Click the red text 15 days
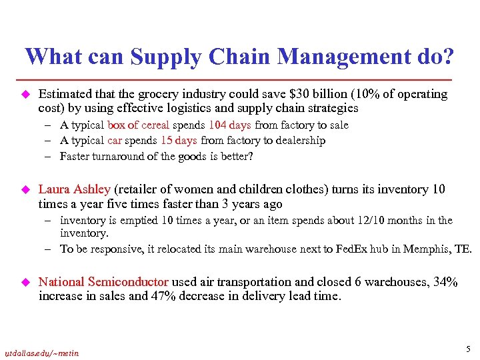click(x=178, y=141)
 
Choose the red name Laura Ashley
click(x=74, y=189)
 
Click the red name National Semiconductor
click(x=104, y=282)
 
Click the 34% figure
click(x=444, y=282)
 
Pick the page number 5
click(x=468, y=348)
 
